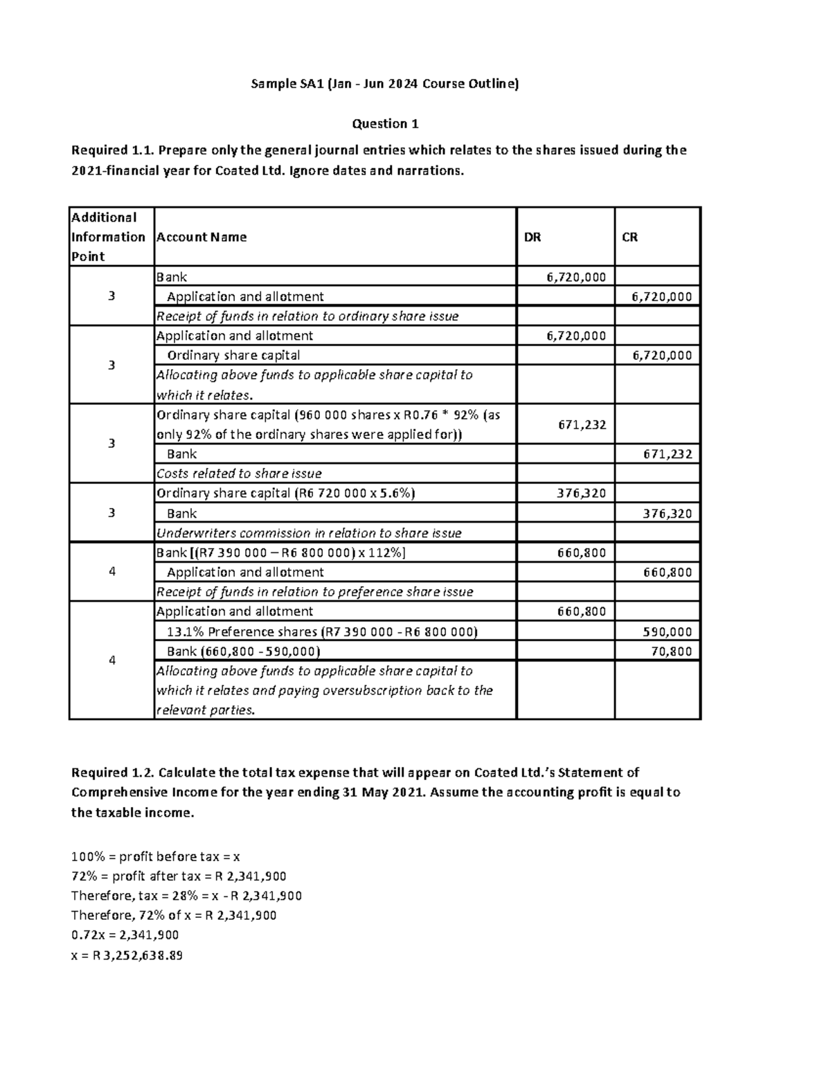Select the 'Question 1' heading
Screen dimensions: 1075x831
click(385, 124)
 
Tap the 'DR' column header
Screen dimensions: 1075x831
click(532, 237)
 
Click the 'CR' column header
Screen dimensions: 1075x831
click(629, 237)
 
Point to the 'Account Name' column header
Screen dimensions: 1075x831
click(202, 237)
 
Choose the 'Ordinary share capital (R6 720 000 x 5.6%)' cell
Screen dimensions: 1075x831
click(285, 493)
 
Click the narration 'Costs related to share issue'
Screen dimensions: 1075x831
click(239, 473)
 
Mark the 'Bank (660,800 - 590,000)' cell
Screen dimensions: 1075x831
click(243, 651)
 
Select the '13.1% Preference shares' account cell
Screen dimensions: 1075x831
click(322, 631)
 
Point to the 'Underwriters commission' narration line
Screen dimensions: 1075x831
click(309, 533)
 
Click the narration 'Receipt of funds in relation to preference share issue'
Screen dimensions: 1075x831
click(314, 592)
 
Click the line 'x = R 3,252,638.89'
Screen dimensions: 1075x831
click(127, 956)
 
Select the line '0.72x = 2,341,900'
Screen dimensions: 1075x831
click(125, 934)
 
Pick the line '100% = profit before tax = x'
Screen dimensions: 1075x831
click(155, 856)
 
